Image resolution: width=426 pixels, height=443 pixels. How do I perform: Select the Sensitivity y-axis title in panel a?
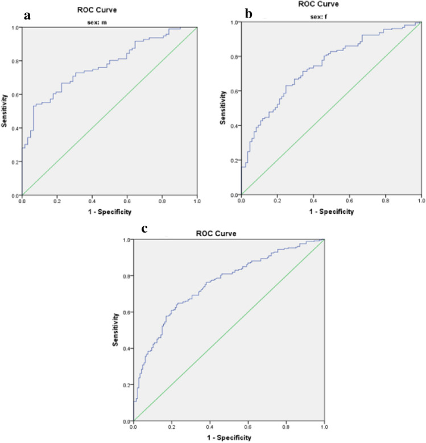5,111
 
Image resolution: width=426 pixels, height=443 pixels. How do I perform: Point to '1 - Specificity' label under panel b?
330,211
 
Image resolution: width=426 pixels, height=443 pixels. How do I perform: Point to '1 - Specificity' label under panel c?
228,437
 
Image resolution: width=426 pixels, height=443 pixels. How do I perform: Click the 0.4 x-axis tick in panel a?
92,201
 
